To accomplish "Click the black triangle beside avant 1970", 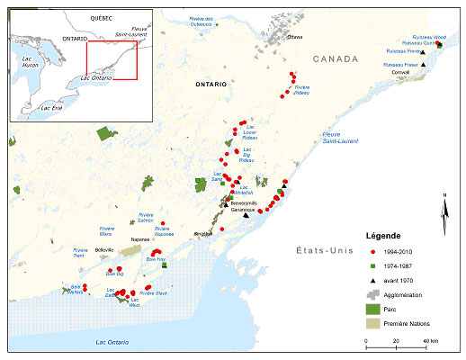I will [x=372, y=279].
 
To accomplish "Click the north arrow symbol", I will [x=444, y=210].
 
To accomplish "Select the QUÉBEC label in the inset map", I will [x=92, y=19].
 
